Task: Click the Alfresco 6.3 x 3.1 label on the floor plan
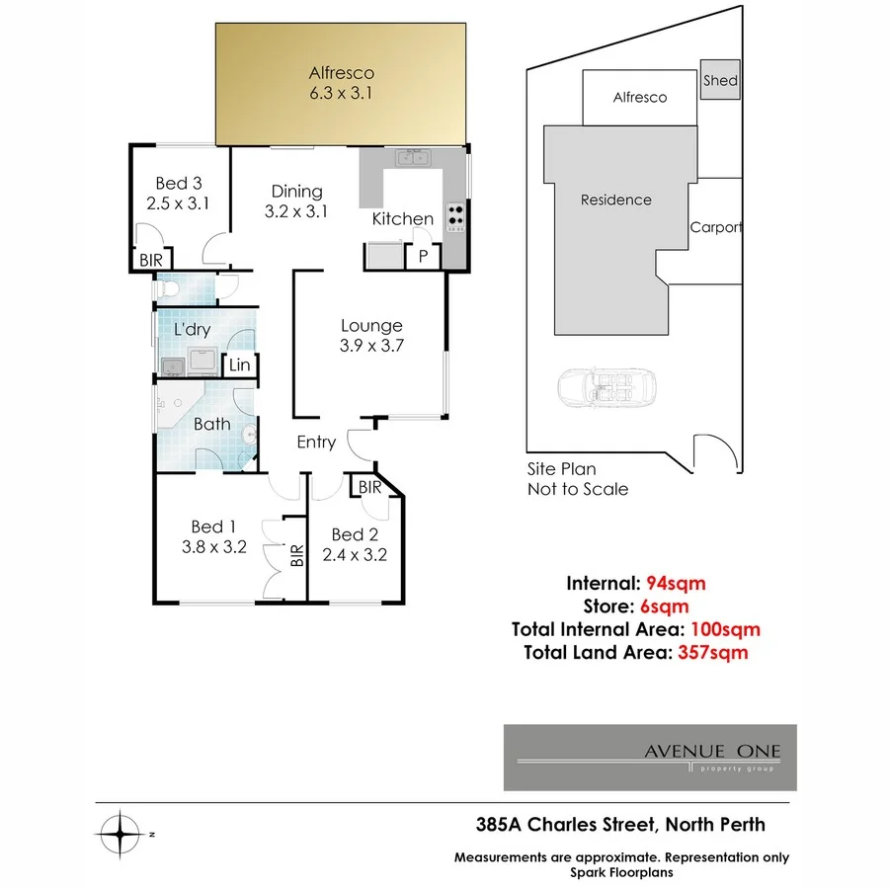point(341,83)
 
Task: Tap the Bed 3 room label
point(179,194)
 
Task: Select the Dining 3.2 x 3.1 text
point(296,201)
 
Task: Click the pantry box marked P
point(423,257)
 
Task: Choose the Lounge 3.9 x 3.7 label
point(371,335)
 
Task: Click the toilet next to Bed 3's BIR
point(170,289)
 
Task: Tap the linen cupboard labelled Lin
point(239,365)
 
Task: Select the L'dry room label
point(192,330)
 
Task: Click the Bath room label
point(211,424)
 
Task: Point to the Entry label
point(316,443)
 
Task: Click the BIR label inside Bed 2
point(369,487)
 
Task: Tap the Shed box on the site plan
point(720,80)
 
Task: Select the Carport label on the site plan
point(715,227)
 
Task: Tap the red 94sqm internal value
point(676,582)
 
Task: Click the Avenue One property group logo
point(650,758)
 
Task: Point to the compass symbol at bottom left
point(122,835)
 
